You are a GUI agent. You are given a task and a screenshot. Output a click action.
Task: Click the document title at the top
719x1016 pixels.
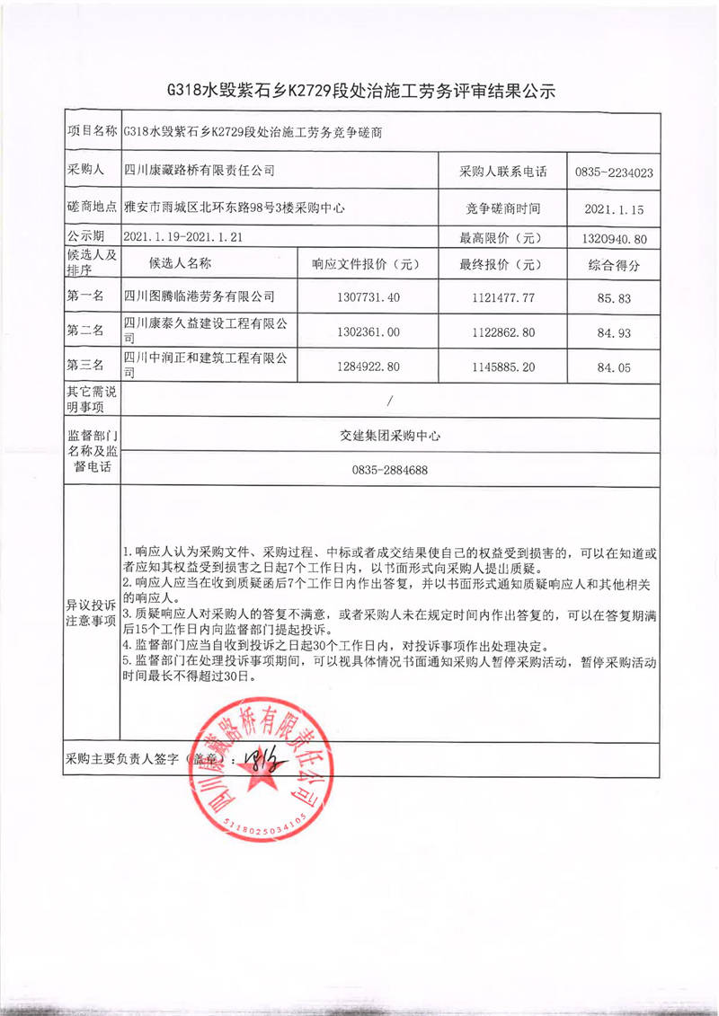pos(362,90)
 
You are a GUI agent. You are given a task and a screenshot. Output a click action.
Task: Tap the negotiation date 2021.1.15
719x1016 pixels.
pos(614,209)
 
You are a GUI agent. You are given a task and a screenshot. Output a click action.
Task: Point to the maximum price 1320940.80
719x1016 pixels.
pos(614,238)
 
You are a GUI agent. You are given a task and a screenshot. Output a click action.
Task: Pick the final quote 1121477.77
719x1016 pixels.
pos(502,296)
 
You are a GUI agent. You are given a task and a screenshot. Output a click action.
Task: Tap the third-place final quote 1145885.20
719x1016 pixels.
pos(502,367)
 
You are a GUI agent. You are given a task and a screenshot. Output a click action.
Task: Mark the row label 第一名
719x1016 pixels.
pos(86,296)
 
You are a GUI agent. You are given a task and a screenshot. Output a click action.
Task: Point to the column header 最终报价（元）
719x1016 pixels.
pos(502,264)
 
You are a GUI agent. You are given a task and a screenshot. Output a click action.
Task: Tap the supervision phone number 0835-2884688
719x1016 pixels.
pos(389,470)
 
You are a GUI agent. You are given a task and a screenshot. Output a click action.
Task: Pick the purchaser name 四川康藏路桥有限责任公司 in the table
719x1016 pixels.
pos(199,170)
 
